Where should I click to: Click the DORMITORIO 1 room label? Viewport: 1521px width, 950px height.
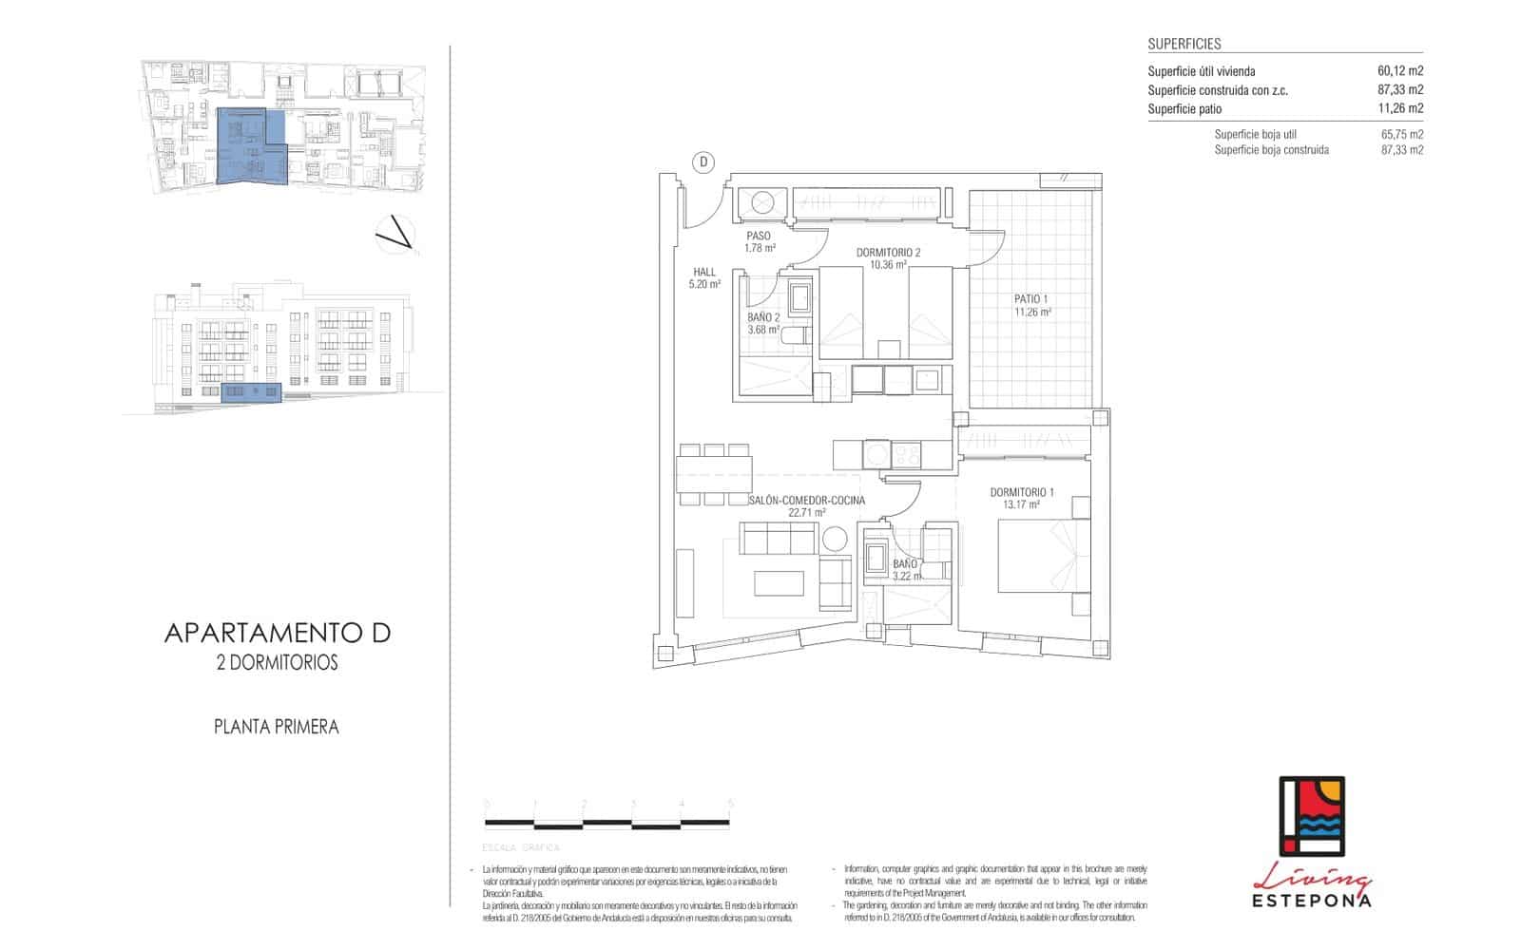point(1022,492)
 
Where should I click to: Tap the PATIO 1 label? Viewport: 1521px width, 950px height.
point(1031,299)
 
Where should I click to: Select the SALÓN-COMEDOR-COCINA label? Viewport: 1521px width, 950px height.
point(806,500)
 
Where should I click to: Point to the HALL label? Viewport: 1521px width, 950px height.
point(704,272)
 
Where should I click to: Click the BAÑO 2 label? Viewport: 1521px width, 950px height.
point(763,318)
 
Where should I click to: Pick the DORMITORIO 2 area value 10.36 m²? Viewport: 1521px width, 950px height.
point(887,265)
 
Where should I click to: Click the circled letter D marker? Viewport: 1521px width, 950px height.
point(703,162)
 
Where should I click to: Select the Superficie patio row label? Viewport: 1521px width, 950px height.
point(1184,108)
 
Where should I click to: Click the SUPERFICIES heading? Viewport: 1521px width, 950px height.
point(1184,44)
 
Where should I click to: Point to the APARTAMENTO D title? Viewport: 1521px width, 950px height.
point(278,633)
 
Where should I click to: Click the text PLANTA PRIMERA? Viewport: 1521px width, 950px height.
point(276,727)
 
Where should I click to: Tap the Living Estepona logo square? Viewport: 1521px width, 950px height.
point(1311,815)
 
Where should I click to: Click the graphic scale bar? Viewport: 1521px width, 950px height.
point(608,822)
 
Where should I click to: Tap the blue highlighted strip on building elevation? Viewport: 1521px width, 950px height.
point(252,392)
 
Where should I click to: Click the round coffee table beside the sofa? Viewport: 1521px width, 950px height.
point(835,539)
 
